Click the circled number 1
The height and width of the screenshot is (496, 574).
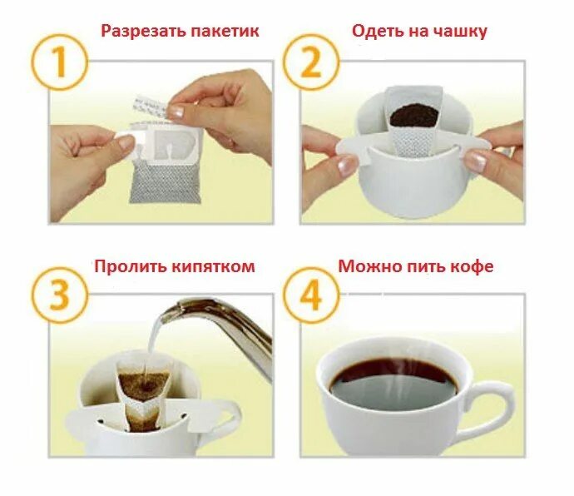[x=60, y=62]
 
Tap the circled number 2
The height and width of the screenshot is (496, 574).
[x=311, y=62]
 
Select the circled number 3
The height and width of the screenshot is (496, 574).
[x=60, y=295]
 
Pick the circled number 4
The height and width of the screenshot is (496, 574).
[x=311, y=295]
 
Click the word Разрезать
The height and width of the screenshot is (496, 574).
[x=143, y=32]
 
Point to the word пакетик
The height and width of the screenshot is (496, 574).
[x=225, y=32]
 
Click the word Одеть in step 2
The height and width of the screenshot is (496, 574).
[x=379, y=32]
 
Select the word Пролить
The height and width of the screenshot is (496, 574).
[x=130, y=266]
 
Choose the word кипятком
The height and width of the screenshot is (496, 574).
[x=213, y=266]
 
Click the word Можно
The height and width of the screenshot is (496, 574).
[x=369, y=266]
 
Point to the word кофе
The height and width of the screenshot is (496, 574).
[x=472, y=266]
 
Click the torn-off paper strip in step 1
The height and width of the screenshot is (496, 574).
[x=151, y=107]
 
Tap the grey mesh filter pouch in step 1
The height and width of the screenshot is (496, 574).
[x=165, y=181]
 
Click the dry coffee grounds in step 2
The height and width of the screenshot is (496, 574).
[x=413, y=115]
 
